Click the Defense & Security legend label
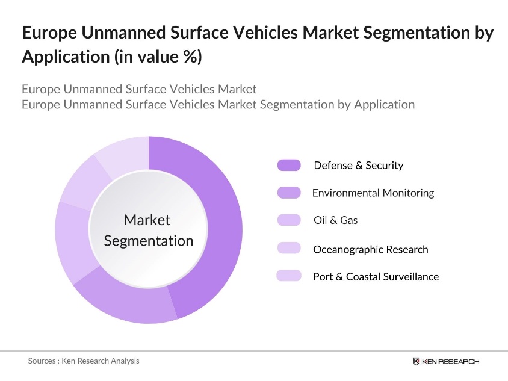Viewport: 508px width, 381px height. coord(358,166)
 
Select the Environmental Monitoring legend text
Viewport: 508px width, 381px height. coord(373,193)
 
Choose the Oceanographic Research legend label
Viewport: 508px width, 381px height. coord(370,249)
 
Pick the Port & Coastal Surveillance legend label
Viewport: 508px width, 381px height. coord(376,277)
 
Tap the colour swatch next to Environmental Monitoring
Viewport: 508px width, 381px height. coord(289,193)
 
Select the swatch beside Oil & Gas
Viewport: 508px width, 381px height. coord(289,220)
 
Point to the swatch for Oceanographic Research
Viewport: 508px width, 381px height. coord(289,249)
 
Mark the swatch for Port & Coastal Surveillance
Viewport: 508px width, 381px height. coord(289,276)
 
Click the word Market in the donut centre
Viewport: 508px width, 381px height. coord(147,220)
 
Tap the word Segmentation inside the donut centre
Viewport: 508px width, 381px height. coord(149,241)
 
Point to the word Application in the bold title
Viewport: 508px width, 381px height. coord(55,57)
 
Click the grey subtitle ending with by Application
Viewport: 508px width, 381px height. coord(218,104)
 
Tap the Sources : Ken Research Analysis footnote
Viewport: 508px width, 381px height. coord(84,361)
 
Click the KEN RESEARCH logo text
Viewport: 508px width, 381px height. coord(450,361)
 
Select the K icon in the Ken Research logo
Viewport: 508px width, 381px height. coord(416,361)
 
